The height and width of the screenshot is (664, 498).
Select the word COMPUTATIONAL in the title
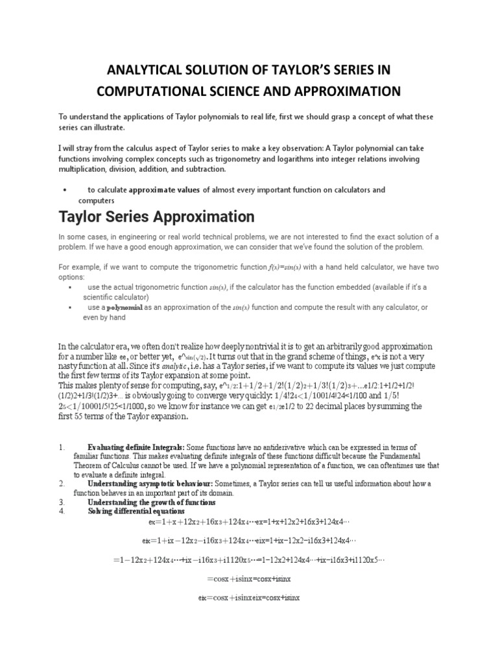pyautogui.click(x=163, y=90)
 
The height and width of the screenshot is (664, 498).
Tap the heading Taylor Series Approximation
pyautogui.click(x=157, y=215)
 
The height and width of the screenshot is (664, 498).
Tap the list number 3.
pyautogui.click(x=62, y=502)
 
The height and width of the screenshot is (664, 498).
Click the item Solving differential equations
pyautogui.click(x=136, y=511)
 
